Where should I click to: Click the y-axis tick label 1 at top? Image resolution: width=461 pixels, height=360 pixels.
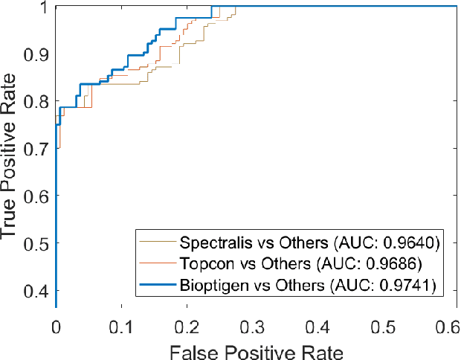pyautogui.click(x=44, y=7)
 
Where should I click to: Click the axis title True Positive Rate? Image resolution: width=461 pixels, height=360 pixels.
pyautogui.click(x=10, y=156)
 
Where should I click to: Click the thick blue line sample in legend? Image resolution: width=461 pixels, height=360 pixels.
pyautogui.click(x=156, y=285)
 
